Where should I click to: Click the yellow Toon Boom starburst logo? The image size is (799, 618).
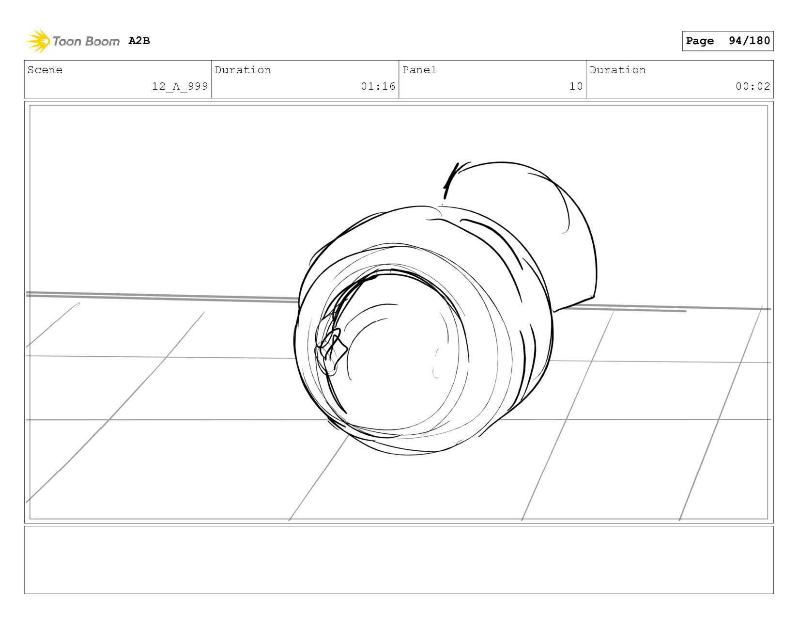38,41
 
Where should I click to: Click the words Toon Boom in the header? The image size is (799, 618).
86,41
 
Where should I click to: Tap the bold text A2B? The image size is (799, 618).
139,41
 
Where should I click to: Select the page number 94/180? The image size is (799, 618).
749,41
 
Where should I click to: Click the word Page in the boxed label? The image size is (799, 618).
700,41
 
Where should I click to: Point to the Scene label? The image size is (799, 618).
45,70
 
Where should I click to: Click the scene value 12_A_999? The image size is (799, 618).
180,86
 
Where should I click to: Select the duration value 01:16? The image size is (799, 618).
378,86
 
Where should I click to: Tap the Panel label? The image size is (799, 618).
419,70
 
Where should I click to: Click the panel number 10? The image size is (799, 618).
576,86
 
